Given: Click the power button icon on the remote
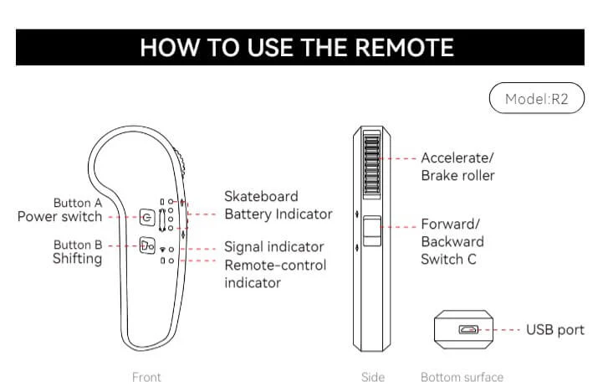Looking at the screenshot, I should coord(146,218).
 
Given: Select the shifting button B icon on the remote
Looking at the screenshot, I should coord(146,246).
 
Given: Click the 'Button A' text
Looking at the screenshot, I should coord(77,203).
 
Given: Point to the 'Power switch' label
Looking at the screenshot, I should coord(59,217).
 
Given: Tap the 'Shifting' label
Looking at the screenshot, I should coord(77,259).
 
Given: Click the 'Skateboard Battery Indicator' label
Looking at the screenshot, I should coord(278,205).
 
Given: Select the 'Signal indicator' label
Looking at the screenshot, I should coord(273,247).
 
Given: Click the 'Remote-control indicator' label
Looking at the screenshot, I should coord(275,273).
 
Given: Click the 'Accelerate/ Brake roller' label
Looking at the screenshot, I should coord(457,166).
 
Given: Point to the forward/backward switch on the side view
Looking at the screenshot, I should coord(372,230).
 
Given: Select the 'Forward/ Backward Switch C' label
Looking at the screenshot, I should coord(452,241).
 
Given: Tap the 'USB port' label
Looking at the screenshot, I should coord(554,330).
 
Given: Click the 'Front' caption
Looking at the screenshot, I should coord(147,377).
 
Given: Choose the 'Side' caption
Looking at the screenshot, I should coord(372,377).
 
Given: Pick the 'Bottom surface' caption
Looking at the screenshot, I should coord(462,377).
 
